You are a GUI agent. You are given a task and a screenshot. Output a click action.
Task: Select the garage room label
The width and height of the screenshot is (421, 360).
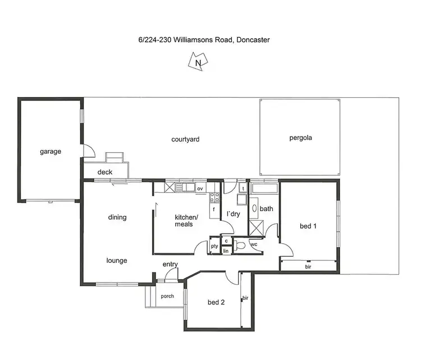click(x=51, y=151)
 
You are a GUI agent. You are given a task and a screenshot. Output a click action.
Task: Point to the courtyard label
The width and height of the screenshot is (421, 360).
click(x=185, y=139)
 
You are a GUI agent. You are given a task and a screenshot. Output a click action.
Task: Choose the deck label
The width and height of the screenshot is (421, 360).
click(x=105, y=172)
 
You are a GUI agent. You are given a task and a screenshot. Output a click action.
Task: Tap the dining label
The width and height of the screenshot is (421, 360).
click(x=117, y=217)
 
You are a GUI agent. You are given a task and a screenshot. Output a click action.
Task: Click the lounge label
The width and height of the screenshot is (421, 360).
click(x=117, y=261)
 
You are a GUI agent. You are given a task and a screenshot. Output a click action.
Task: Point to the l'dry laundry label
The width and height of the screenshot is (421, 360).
click(x=233, y=215)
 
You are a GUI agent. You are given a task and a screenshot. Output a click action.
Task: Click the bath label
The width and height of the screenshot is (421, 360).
click(x=266, y=209)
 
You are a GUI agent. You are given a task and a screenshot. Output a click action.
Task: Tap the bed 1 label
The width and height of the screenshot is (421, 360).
click(x=308, y=226)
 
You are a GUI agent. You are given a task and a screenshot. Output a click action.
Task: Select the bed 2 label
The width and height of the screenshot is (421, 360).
click(x=216, y=302)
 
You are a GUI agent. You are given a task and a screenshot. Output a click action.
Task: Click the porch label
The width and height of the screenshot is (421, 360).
click(x=167, y=296)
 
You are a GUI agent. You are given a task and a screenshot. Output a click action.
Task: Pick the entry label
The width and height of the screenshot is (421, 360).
click(x=170, y=265)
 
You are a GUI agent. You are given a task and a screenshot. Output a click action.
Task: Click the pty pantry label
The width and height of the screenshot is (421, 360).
click(x=214, y=246)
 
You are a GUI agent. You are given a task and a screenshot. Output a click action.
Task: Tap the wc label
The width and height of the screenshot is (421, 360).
click(x=253, y=245)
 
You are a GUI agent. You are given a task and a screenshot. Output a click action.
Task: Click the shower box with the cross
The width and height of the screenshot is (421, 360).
click(x=258, y=228)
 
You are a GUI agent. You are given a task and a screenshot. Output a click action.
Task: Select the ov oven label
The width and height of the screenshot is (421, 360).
click(x=200, y=189)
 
